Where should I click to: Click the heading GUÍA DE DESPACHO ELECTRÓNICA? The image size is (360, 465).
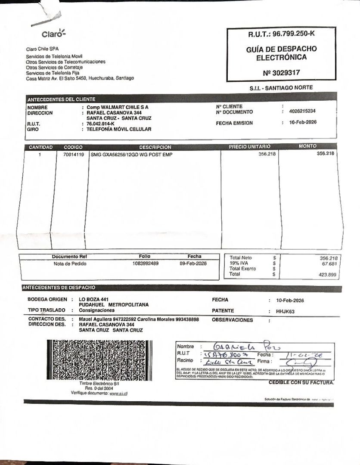pos(281,53)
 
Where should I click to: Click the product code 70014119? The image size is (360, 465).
pos(73,154)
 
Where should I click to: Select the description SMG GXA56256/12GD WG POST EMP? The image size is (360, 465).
pos(131,154)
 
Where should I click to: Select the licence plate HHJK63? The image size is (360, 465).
pos(285,311)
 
